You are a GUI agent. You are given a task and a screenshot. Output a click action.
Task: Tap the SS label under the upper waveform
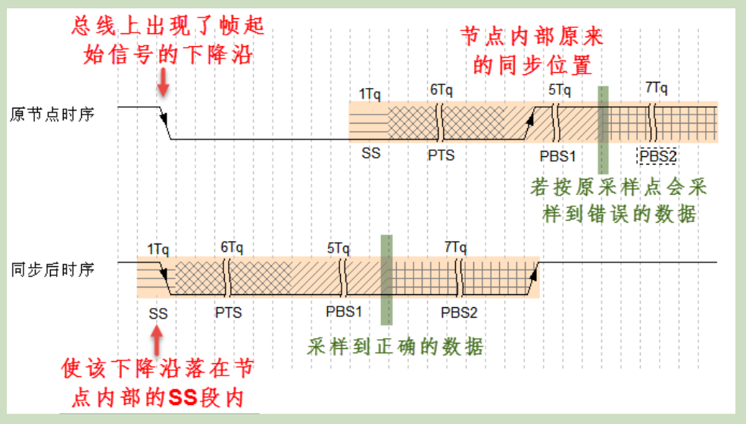pyautogui.click(x=370, y=153)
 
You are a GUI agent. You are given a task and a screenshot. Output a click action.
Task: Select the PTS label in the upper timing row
pyautogui.click(x=442, y=155)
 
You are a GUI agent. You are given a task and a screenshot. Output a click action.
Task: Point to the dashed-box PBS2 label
pyautogui.click(x=657, y=156)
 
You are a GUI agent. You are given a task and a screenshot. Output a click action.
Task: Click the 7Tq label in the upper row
pyautogui.click(x=657, y=89)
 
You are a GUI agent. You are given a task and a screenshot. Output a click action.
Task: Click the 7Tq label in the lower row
pyautogui.click(x=455, y=247)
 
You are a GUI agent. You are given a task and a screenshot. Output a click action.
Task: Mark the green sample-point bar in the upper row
pyautogui.click(x=603, y=129)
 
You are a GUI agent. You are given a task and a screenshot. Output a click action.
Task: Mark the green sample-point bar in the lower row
pyautogui.click(x=386, y=280)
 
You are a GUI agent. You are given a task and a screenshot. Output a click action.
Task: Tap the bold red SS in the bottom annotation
pyautogui.click(x=183, y=395)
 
